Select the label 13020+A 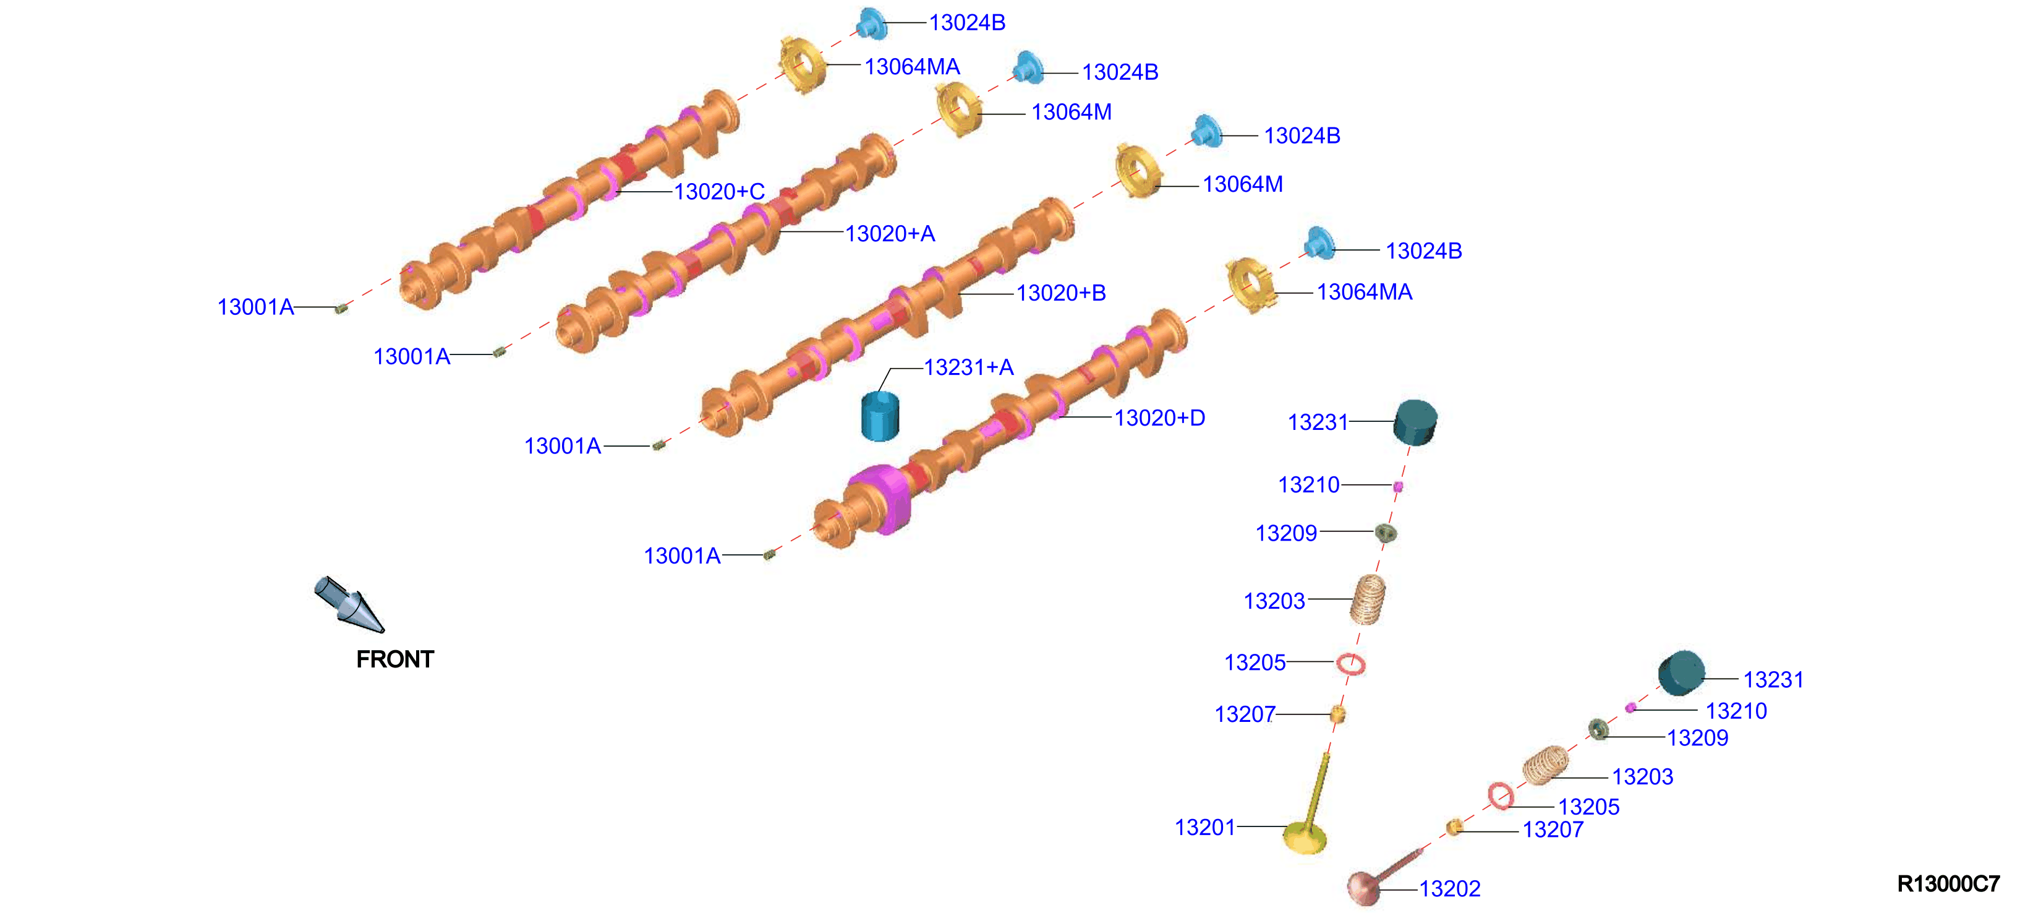890,233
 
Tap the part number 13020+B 1061,293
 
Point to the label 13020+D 1159,418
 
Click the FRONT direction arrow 349,604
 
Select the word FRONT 394,659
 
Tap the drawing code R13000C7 1948,883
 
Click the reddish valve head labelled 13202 1365,887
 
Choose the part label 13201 1204,827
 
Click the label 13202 1449,889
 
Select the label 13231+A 968,367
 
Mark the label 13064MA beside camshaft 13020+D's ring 1365,292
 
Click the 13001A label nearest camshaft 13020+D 681,556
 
